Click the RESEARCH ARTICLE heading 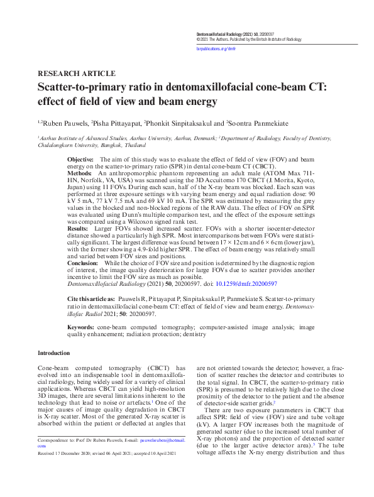[76, 74]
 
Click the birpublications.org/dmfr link [215, 48]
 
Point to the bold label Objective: [80, 160]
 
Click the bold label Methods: [79, 172]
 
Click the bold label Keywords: [81, 328]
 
